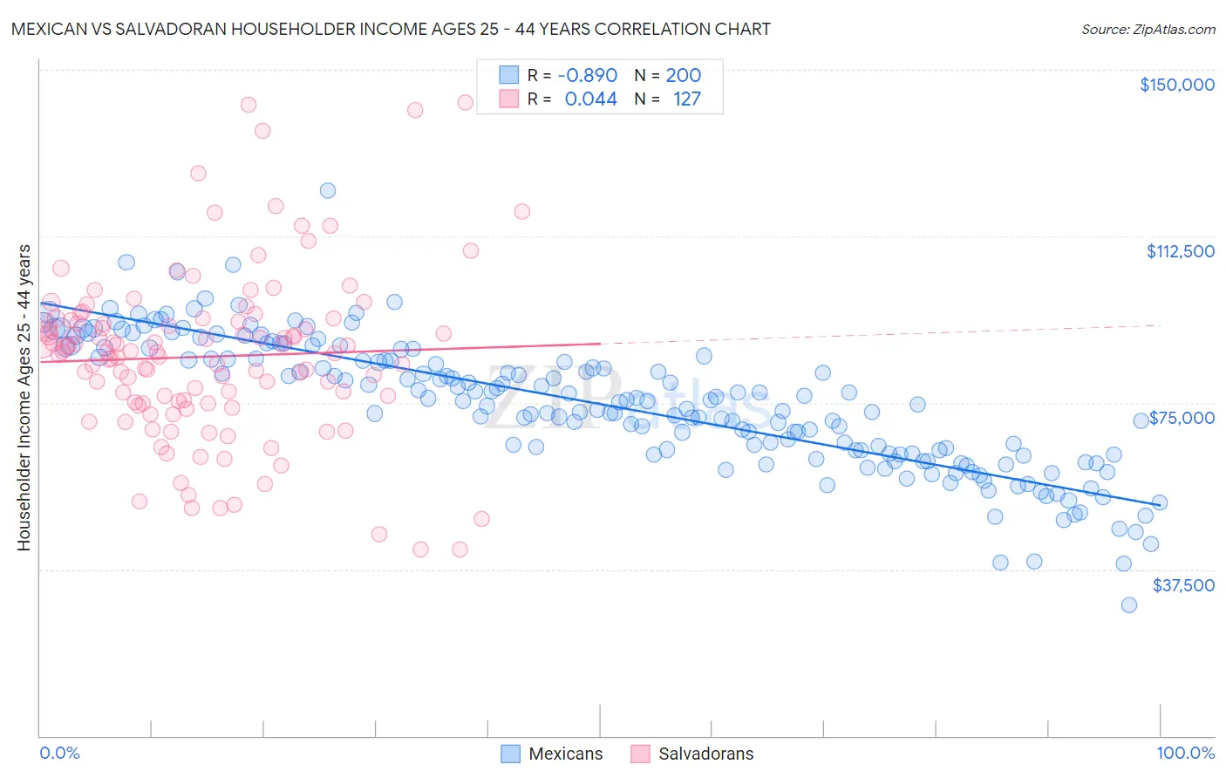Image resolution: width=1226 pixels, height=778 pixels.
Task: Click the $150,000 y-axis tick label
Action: coord(1176,85)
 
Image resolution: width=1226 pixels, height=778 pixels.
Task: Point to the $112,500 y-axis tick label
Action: coord(1180,251)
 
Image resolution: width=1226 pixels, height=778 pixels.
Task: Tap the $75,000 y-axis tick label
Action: coord(1182,418)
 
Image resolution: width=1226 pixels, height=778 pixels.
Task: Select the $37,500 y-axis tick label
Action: coord(1183,585)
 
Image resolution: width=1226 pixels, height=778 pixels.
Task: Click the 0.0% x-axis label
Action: coord(59,753)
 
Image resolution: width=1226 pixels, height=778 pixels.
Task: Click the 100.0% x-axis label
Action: coord(1185,753)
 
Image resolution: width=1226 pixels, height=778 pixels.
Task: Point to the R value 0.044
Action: coord(590,99)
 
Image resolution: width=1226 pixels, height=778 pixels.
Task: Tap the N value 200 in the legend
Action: coord(683,76)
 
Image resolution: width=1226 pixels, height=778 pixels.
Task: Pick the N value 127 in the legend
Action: coord(686,99)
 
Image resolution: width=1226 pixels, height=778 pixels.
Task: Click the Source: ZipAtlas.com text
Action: coord(1148,29)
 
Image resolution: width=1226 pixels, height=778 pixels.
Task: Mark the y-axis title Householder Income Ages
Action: coord(24,397)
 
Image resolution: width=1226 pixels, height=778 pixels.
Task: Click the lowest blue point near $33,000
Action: coord(1128,604)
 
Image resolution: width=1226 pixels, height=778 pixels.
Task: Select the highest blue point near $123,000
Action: coord(328,190)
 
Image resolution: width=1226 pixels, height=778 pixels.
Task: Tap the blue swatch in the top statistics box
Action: coord(508,76)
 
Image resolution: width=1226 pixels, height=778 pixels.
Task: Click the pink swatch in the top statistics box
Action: coord(508,99)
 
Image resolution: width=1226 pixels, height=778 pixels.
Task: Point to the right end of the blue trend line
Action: coord(1160,504)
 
